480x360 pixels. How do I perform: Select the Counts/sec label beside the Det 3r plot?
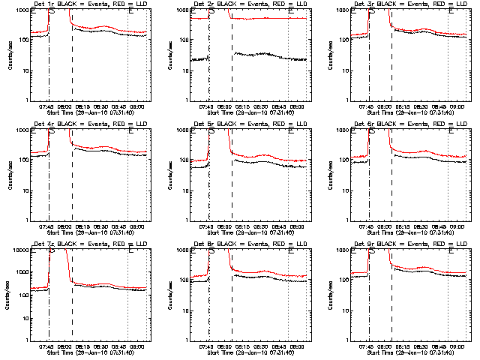coord(329,55)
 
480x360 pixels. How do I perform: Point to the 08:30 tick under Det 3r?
coord(426,106)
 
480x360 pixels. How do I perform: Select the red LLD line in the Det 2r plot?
coord(270,19)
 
